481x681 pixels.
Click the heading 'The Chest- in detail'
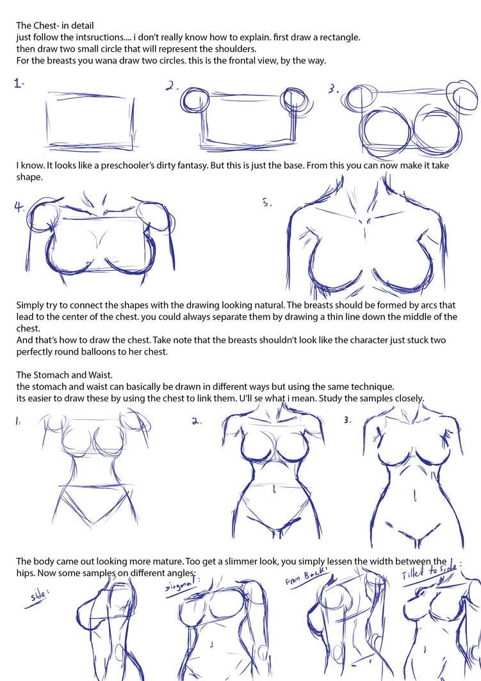(x=55, y=26)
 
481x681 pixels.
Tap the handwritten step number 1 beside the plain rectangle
(x=19, y=83)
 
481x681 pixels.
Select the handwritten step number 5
(x=268, y=203)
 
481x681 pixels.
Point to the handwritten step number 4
(x=19, y=207)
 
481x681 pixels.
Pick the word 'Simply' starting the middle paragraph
(x=31, y=305)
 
